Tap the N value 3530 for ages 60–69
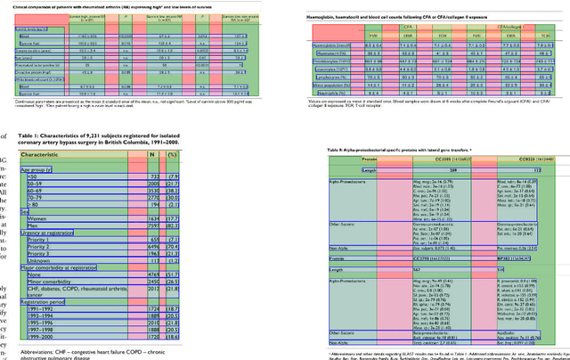point(153,190)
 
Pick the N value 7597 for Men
point(153,226)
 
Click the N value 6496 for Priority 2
point(153,250)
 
